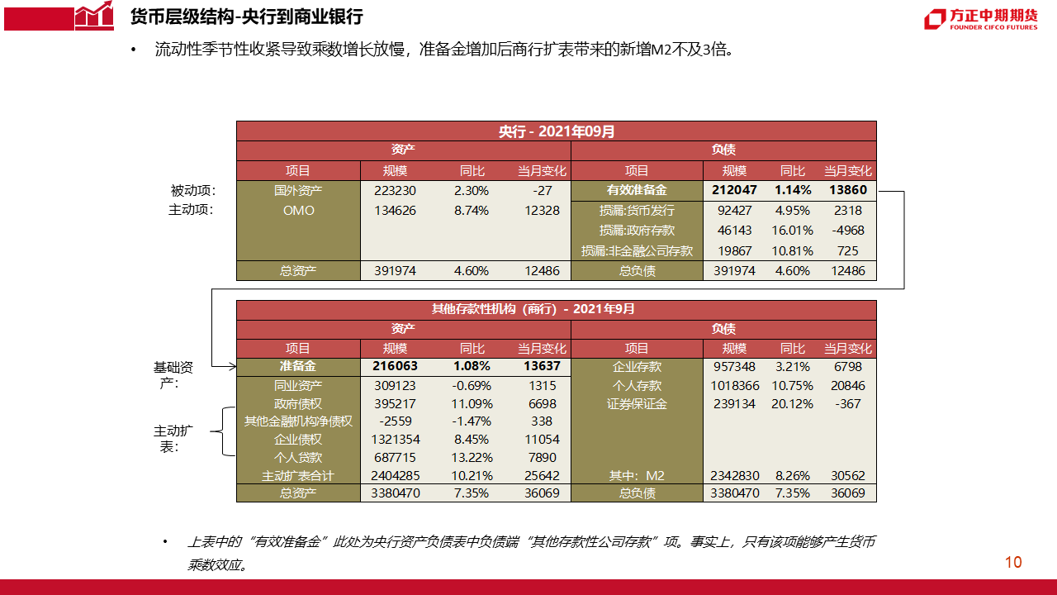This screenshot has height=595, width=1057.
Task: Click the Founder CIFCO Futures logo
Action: (980, 19)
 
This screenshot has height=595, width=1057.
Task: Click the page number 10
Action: (1013, 563)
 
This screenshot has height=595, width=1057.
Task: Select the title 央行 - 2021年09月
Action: (556, 131)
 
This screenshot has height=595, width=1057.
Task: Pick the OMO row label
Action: (298, 211)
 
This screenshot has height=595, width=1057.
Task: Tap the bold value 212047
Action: (734, 191)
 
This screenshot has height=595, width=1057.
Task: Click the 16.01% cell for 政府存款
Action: (792, 231)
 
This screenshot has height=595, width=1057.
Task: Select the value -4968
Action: (848, 231)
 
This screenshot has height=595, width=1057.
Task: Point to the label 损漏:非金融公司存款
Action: (637, 251)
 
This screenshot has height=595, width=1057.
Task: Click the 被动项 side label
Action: (192, 191)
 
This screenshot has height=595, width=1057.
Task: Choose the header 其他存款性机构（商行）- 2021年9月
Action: (556, 309)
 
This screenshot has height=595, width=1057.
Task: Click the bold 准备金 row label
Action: (298, 366)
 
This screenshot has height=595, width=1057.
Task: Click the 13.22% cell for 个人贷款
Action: (473, 458)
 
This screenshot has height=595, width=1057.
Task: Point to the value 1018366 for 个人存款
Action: (734, 386)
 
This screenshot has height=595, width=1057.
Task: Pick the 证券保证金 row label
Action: (637, 404)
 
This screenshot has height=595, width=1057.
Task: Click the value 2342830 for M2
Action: (734, 476)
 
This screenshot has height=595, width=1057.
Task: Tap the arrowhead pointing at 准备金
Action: (231, 366)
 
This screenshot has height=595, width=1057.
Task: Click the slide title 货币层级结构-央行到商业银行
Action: (246, 17)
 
